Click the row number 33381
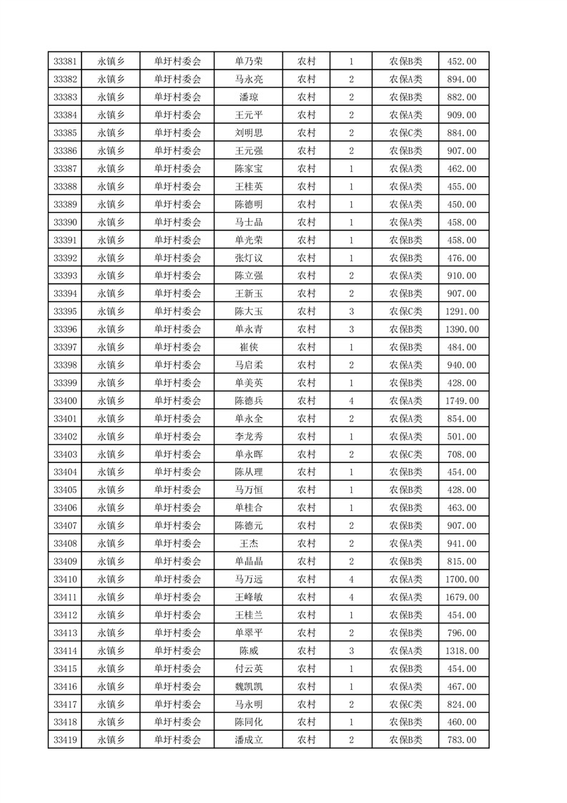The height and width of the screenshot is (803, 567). click(65, 62)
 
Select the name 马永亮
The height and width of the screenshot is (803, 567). click(248, 79)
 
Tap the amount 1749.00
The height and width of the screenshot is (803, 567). click(461, 401)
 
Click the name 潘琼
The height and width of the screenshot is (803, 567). click(248, 97)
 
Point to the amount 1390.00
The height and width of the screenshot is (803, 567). click(461, 329)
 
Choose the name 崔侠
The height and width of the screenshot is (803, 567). click(248, 347)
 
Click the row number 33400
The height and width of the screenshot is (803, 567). click(65, 401)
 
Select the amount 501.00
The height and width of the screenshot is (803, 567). click(461, 437)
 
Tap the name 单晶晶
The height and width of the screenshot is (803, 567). click(248, 562)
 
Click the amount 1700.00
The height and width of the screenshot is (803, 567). click(461, 580)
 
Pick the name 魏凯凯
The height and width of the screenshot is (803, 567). click(248, 686)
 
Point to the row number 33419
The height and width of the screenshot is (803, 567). click(65, 740)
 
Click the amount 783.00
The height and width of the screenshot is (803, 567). click(461, 740)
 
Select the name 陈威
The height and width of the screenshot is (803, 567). click(248, 651)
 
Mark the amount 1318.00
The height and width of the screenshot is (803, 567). click(461, 651)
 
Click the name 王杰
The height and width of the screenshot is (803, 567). click(248, 544)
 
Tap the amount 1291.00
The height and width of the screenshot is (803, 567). click(461, 311)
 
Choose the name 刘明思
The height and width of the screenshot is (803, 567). click(248, 133)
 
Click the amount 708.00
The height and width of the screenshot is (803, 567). click(461, 454)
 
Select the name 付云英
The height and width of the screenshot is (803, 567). click(248, 668)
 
